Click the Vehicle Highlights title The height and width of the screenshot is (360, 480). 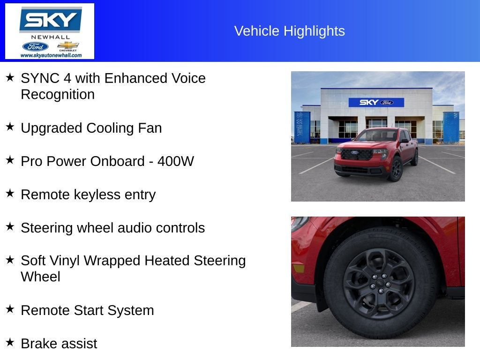[289, 31]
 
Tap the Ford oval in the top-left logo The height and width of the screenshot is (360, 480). [35, 46]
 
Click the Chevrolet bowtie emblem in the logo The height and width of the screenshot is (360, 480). [68, 45]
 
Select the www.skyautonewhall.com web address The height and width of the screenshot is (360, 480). [51, 55]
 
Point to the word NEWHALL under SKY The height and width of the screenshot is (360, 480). [51, 37]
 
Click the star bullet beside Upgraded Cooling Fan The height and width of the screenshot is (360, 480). [10, 127]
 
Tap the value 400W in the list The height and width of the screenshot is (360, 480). [176, 161]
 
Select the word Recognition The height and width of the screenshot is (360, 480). [58, 94]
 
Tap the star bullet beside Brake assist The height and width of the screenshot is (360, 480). [10, 342]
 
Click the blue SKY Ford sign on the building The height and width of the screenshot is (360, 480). [376, 102]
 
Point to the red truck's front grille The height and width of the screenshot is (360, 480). [356, 154]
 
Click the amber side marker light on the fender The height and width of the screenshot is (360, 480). [298, 268]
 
